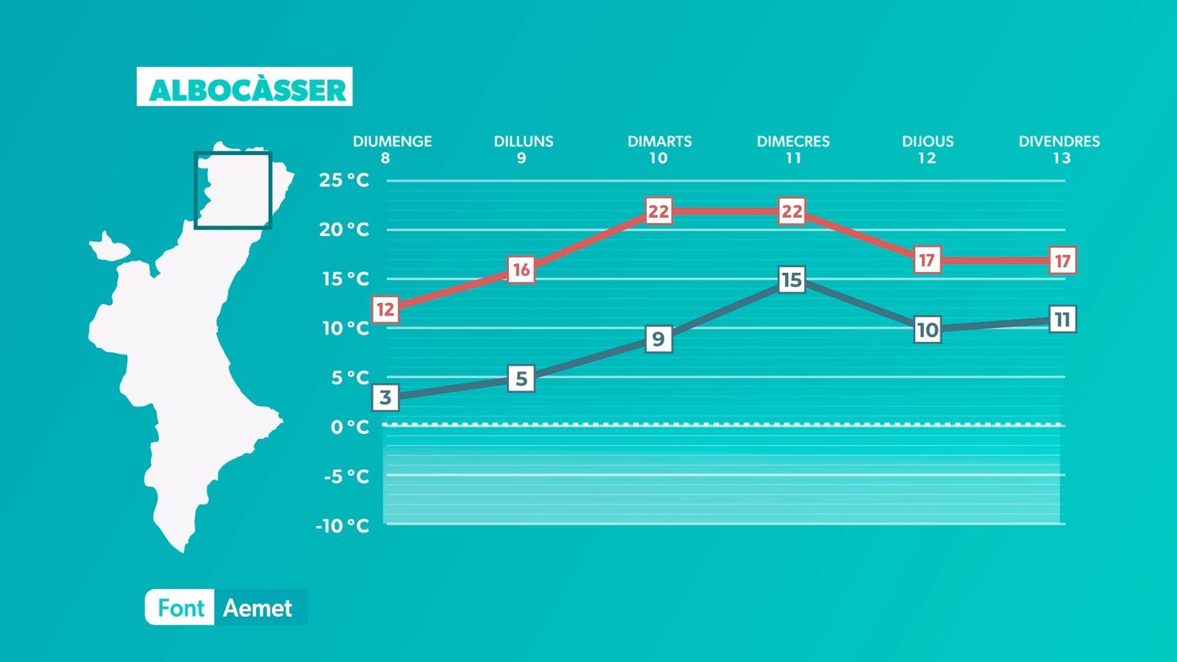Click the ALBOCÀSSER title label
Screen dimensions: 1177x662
244,87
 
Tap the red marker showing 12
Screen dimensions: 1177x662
385,309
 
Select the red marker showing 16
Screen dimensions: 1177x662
522,269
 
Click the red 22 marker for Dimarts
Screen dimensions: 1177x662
658,211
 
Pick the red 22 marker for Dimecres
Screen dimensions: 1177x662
792,211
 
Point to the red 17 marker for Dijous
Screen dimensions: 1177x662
927,260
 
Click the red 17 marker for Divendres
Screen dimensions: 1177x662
1062,260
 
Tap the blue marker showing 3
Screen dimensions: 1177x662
385,397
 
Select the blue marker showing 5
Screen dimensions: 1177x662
522,378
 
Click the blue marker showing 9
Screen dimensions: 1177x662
658,339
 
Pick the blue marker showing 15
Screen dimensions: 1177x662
792,280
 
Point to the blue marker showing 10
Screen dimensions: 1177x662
927,330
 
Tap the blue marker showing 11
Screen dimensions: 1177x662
1062,319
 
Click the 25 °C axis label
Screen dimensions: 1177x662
344,180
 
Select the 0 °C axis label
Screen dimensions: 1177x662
350,427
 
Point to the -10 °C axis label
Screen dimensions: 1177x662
342,525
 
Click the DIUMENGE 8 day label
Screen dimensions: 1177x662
392,149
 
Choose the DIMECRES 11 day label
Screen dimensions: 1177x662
793,149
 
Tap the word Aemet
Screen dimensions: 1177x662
257,608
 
